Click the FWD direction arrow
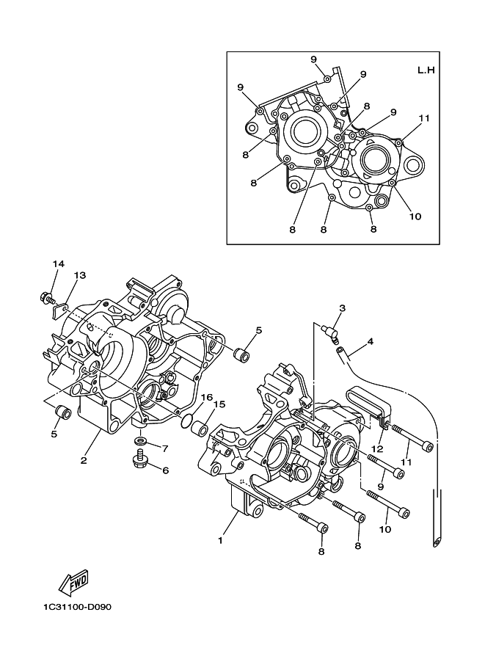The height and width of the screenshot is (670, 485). tap(73, 583)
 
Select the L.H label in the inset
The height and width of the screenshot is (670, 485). tap(426, 70)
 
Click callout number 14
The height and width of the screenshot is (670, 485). tap(59, 263)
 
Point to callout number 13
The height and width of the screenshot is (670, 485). tap(80, 275)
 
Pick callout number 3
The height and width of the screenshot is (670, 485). tap(342, 307)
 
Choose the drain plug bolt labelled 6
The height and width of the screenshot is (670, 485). tap(139, 457)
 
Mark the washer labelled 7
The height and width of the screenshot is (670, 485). tap(139, 440)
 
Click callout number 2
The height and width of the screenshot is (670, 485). tap(84, 461)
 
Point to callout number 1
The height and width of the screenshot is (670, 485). tap(220, 541)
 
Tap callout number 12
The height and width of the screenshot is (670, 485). tap(378, 449)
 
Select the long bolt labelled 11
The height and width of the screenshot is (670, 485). tap(412, 437)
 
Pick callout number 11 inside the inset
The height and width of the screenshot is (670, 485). tap(424, 118)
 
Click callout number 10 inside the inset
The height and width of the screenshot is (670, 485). tap(415, 216)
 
